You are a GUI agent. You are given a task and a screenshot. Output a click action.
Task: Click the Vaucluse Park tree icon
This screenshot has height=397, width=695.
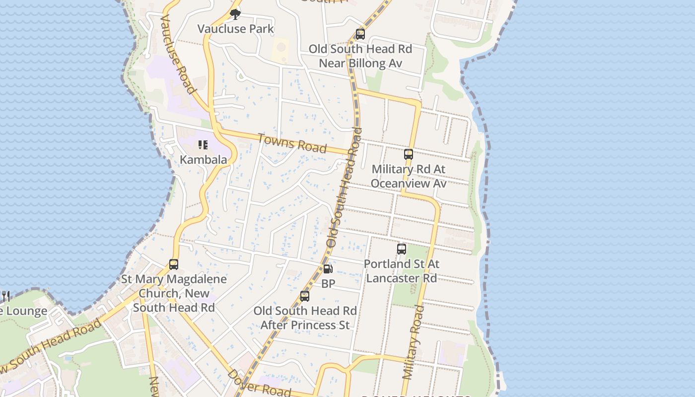click(x=235, y=14)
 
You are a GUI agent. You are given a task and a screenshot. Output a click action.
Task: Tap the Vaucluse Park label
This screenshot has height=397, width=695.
click(x=235, y=29)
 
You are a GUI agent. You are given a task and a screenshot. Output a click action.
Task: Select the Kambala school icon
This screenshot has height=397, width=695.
click(x=203, y=145)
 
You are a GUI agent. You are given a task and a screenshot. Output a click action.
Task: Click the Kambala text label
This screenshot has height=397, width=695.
click(x=203, y=160)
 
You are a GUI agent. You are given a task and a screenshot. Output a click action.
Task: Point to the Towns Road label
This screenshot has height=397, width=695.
click(x=292, y=143)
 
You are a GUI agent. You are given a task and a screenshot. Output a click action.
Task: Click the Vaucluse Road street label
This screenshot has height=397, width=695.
click(x=177, y=54)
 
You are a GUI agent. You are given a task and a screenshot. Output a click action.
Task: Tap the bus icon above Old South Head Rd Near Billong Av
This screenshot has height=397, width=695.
click(x=360, y=34)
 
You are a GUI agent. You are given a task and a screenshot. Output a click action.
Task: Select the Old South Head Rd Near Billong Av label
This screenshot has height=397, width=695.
click(x=360, y=56)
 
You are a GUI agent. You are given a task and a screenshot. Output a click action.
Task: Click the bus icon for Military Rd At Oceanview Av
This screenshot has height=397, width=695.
click(x=409, y=154)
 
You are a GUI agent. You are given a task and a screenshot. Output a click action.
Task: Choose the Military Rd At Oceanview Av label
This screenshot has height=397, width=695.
click(x=409, y=176)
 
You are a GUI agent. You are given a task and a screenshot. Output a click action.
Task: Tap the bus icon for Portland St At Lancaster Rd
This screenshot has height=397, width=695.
click(x=402, y=249)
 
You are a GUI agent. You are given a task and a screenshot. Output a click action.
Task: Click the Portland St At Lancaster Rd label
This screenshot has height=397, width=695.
click(x=402, y=271)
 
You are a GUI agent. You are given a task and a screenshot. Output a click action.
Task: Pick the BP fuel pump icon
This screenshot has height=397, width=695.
click(x=328, y=269)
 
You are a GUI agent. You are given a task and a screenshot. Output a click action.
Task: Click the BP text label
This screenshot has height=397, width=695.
click(x=328, y=284)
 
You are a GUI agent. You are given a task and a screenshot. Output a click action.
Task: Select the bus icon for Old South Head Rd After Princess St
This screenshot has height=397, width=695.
click(x=305, y=296)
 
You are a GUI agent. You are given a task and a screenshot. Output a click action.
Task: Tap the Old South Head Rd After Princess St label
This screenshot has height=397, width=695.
click(x=305, y=318)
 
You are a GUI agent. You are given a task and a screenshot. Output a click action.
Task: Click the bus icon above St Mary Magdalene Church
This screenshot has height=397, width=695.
click(x=174, y=265)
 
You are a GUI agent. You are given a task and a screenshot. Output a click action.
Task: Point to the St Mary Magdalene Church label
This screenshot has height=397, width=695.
click(x=174, y=293)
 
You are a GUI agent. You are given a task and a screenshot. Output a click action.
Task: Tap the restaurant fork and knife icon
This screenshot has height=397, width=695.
click(x=5, y=296)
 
